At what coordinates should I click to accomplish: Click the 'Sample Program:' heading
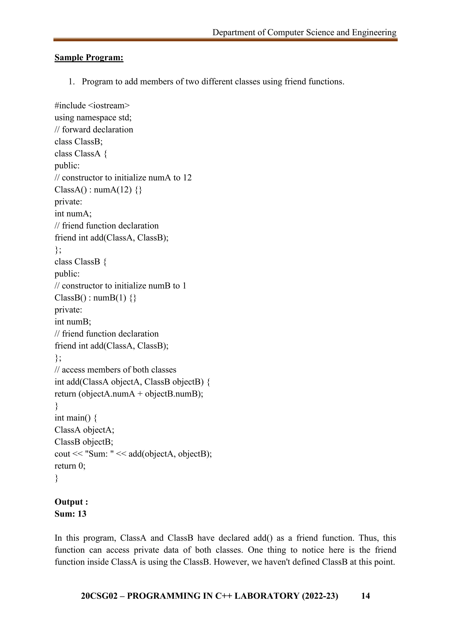[x=89, y=57]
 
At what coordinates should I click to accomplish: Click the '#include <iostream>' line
[x=92, y=106]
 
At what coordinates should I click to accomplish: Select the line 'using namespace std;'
[x=93, y=118]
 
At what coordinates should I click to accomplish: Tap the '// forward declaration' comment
[x=94, y=130]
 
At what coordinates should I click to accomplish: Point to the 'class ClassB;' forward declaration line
[x=79, y=142]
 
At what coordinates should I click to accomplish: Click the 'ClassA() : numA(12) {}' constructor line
[x=98, y=190]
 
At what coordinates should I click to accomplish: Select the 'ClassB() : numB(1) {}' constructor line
[x=95, y=298]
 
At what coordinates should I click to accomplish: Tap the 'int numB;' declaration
[x=73, y=322]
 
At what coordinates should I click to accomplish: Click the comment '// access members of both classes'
[x=115, y=370]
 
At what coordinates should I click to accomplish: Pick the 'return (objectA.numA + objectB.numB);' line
[x=129, y=394]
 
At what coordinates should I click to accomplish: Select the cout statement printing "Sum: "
[x=133, y=454]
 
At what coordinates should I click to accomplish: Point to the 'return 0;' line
[x=70, y=466]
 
